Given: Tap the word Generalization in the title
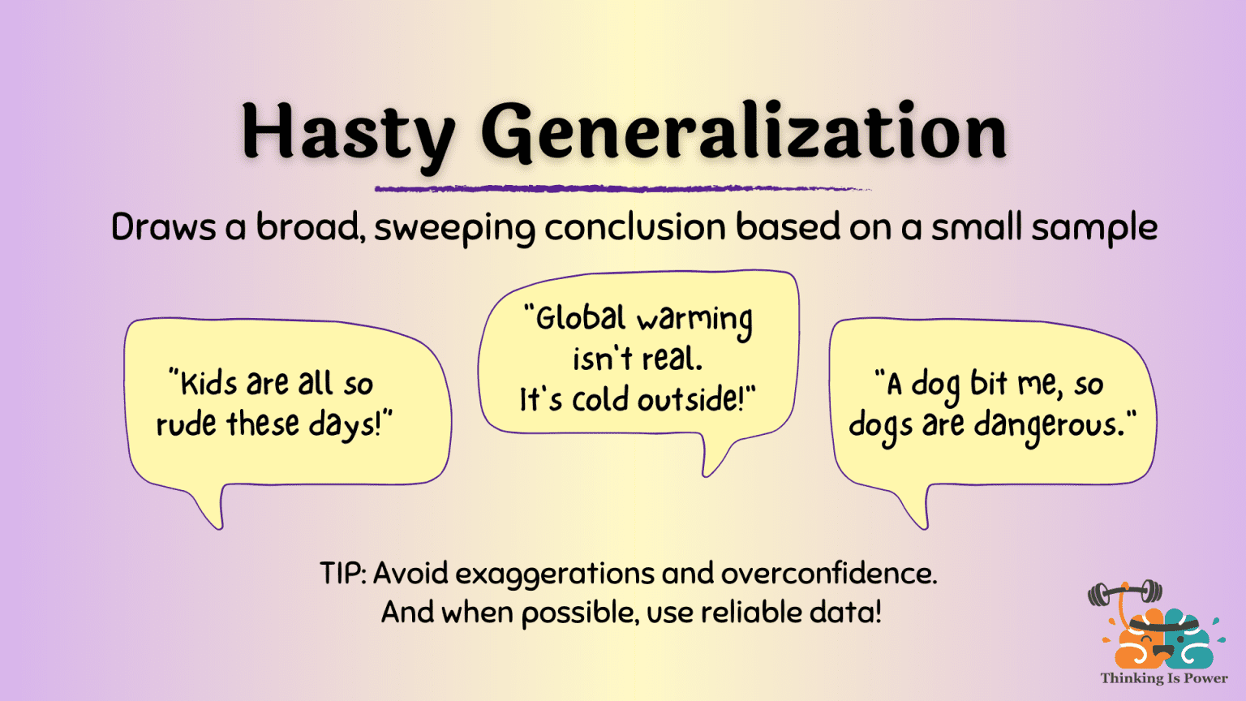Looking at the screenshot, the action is (744, 132).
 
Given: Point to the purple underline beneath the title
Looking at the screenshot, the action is (623, 189).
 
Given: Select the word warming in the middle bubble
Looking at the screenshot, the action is (695, 321).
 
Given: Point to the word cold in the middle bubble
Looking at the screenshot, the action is (601, 399).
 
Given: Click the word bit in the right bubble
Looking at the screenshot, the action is (989, 383).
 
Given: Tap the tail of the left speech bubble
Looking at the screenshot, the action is (213, 507).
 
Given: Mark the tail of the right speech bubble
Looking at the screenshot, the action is (916, 507).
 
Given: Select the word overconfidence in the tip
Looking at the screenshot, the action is (829, 573).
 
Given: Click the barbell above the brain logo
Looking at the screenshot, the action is (1125, 593).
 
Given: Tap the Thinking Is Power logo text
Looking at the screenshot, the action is (1164, 678).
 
